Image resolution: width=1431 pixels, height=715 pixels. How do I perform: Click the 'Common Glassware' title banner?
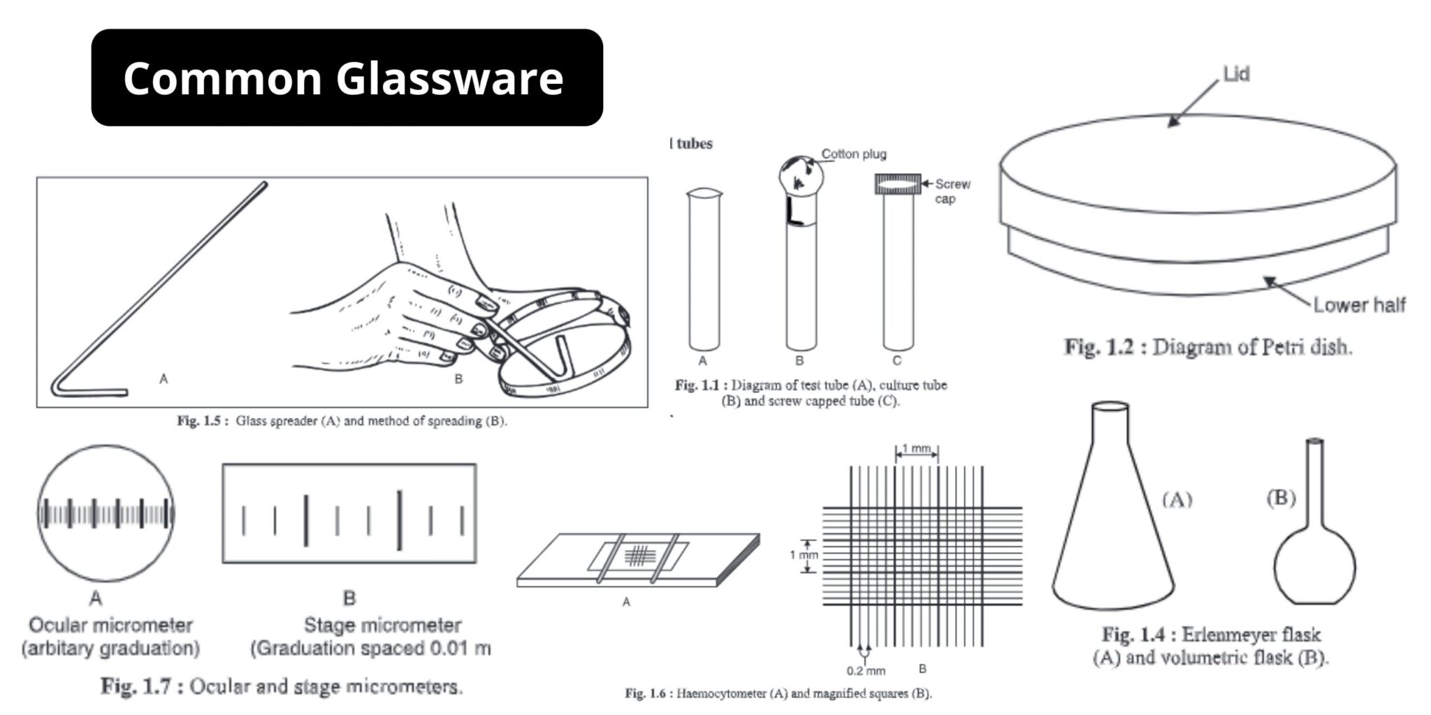(x=347, y=78)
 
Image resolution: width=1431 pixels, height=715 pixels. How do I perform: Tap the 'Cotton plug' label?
(x=853, y=154)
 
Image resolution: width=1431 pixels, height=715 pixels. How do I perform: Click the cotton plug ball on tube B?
(x=801, y=175)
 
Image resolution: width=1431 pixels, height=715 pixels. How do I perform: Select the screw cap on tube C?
(x=898, y=184)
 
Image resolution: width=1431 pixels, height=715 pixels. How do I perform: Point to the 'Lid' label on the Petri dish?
(x=1236, y=74)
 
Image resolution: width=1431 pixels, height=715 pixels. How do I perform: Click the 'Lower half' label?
(x=1359, y=305)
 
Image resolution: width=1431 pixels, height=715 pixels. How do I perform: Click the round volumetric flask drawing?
(x=1314, y=559)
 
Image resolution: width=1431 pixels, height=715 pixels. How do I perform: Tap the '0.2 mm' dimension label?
(x=866, y=671)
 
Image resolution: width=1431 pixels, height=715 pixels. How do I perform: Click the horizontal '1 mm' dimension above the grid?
(x=916, y=449)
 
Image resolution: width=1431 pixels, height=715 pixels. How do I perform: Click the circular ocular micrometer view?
(x=106, y=514)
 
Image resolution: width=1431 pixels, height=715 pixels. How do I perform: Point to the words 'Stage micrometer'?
(x=382, y=625)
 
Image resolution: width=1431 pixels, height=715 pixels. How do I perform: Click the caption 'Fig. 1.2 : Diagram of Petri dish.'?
(x=1207, y=347)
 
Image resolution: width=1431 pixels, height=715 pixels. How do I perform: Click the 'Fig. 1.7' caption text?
(x=282, y=686)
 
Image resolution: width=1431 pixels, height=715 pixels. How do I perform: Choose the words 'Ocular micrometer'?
(x=110, y=625)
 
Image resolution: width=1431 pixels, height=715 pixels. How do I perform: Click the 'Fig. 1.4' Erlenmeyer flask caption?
(x=1210, y=646)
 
